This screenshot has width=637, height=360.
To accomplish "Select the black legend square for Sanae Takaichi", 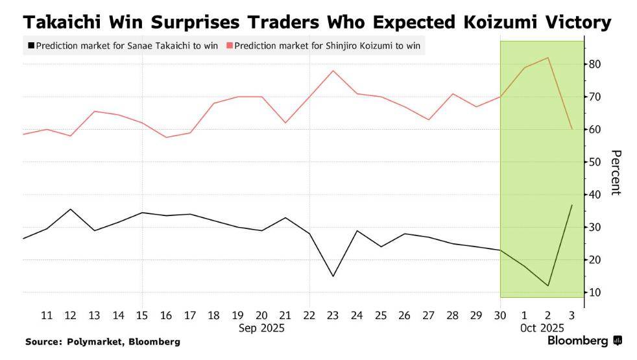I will click(x=30, y=46).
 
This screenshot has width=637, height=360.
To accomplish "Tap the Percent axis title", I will click(x=616, y=172).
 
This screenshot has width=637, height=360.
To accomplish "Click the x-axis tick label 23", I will click(x=333, y=315).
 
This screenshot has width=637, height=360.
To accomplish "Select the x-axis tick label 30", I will click(x=500, y=315).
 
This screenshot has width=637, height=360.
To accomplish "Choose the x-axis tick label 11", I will click(x=47, y=315).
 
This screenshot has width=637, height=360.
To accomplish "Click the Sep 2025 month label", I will click(x=261, y=328).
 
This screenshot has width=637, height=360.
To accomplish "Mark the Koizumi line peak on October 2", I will click(x=548, y=58).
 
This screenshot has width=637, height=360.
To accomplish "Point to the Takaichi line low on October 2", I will click(x=548, y=286).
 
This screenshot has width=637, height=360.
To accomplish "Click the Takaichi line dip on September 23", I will click(x=333, y=276).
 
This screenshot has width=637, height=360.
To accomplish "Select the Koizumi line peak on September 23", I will click(x=333, y=70).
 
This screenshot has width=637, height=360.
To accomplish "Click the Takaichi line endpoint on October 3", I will click(x=571, y=205).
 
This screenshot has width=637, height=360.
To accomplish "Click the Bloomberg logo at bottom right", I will click(x=584, y=340).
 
